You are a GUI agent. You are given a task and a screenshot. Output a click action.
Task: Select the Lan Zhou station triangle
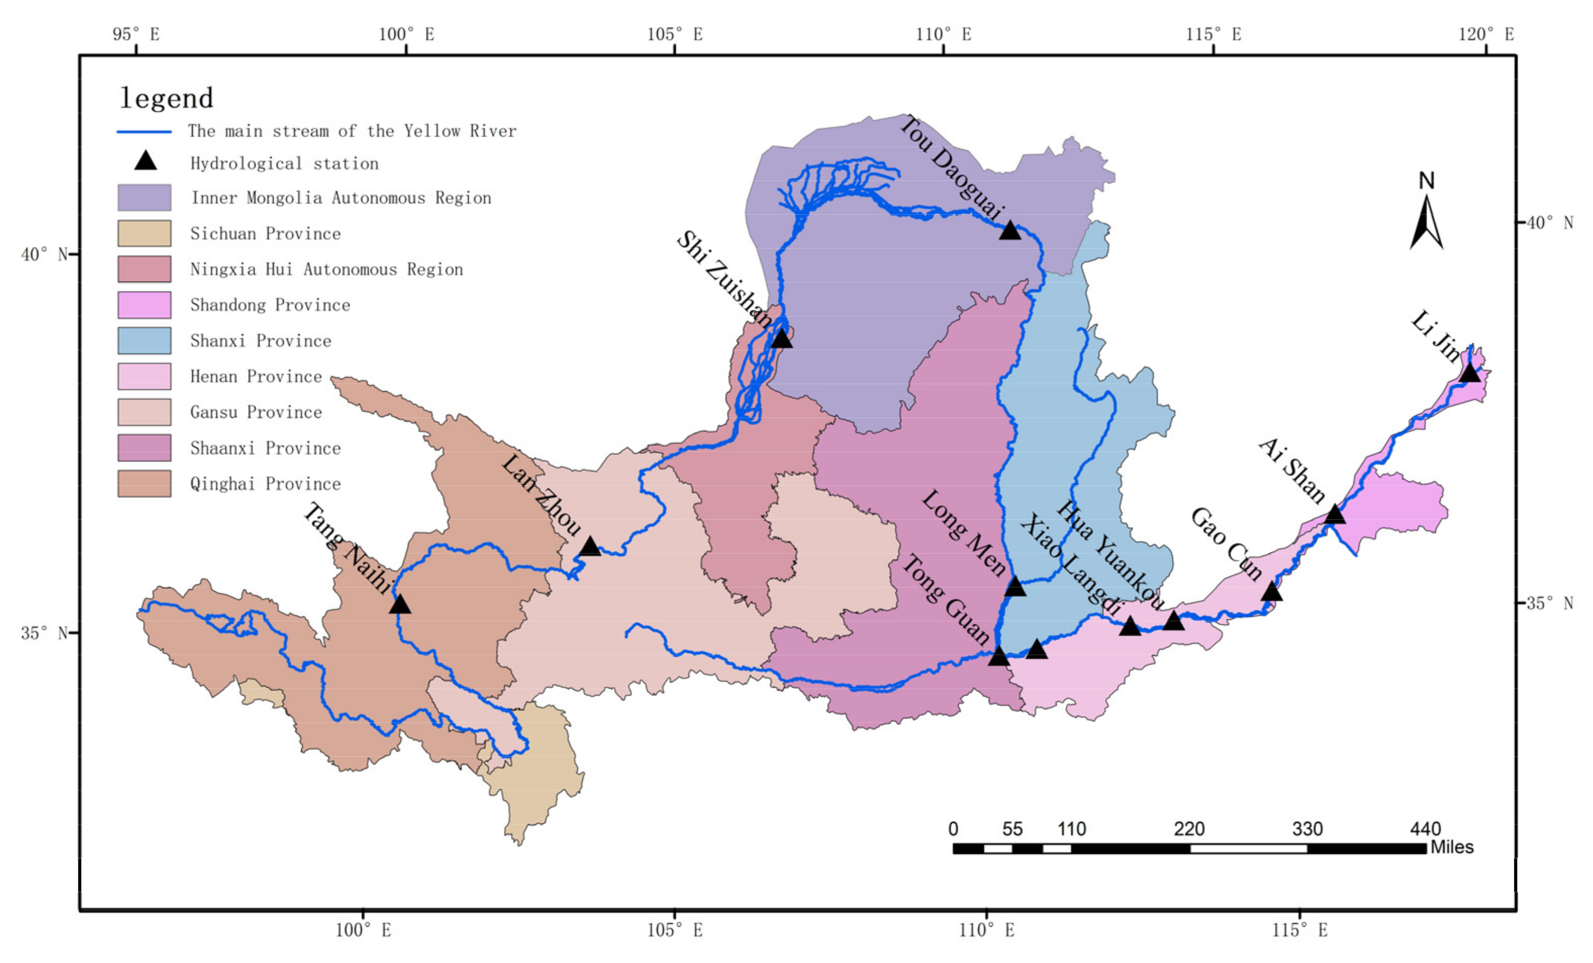pos(590,547)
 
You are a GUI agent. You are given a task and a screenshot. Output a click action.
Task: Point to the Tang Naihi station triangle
pos(400,605)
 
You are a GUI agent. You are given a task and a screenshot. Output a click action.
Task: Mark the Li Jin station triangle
pos(1470,374)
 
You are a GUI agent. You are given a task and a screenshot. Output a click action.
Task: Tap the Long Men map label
pos(963,533)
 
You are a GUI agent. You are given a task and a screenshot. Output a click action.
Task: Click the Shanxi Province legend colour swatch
pos(144,341)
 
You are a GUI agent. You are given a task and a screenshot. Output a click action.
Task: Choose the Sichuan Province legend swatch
pos(144,234)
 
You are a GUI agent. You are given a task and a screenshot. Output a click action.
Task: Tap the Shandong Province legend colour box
pos(144,305)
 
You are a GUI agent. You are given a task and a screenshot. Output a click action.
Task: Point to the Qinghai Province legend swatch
pos(144,484)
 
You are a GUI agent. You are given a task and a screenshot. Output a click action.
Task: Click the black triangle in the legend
pos(146,161)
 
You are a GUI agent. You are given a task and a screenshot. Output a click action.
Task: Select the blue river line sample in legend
pos(144,132)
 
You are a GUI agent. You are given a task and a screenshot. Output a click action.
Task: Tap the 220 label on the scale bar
pos(1189,829)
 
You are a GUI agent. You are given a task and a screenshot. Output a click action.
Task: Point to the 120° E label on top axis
pos(1486,34)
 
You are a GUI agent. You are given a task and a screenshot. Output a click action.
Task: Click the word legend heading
pos(167,98)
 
